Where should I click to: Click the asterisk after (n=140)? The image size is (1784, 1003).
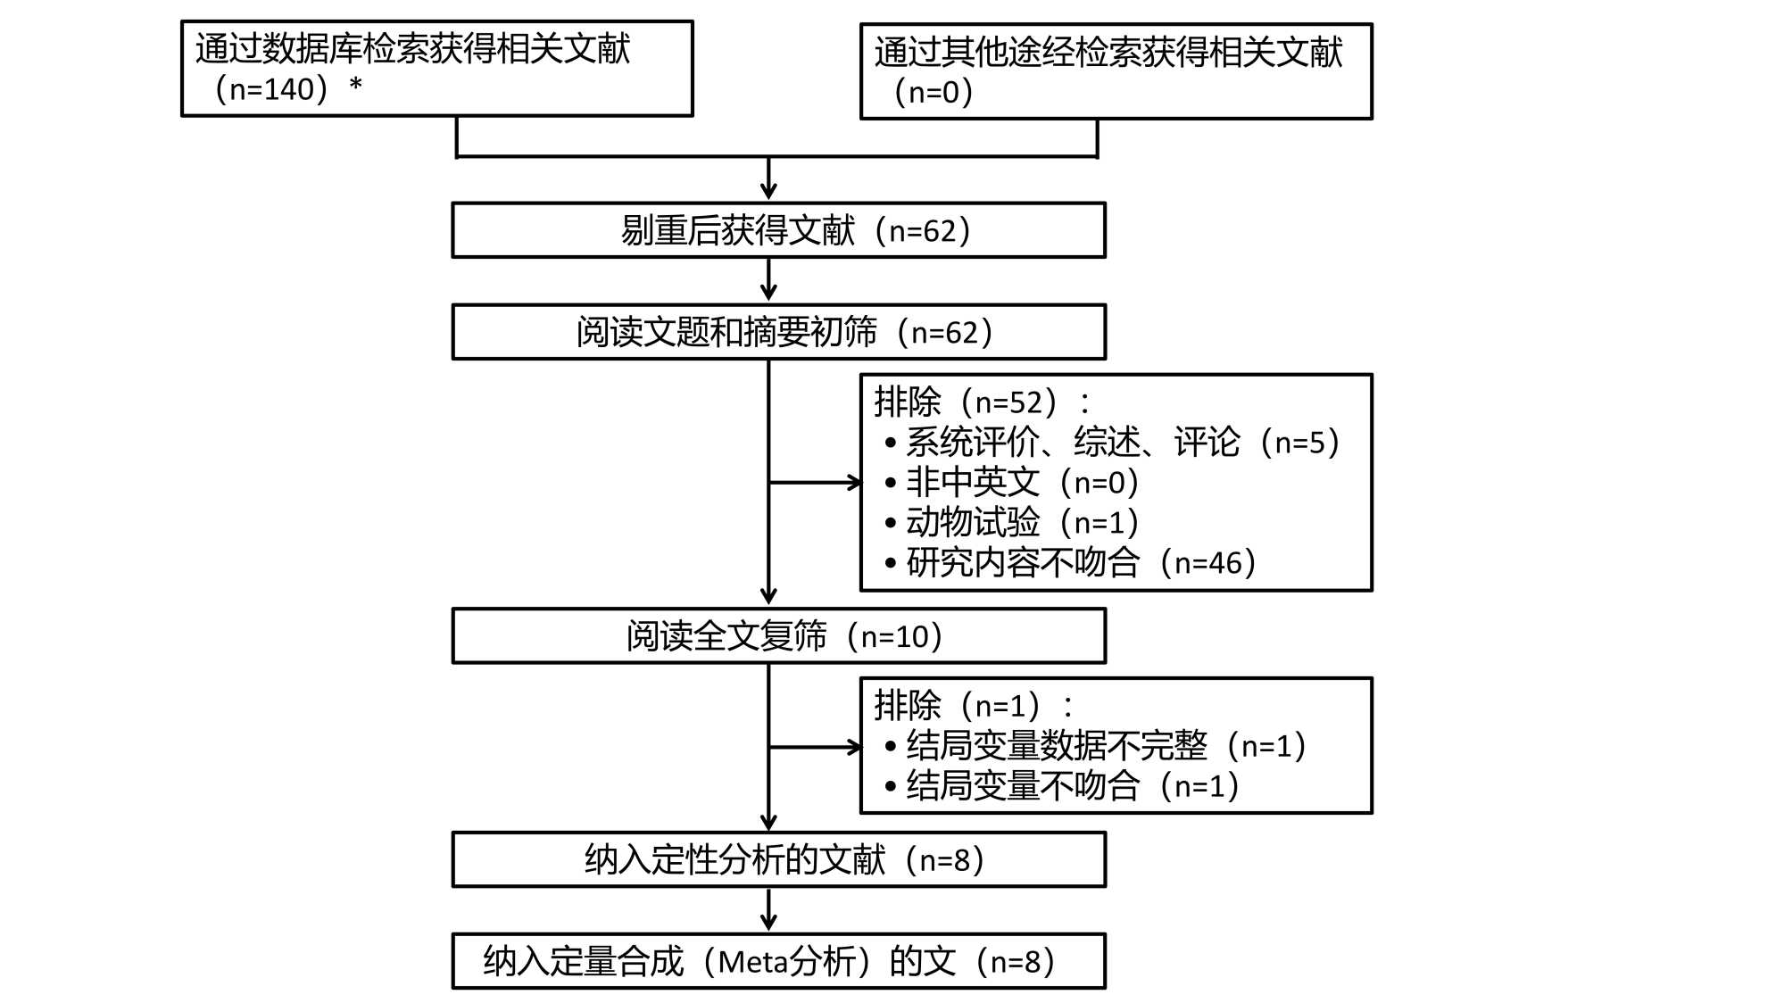click(356, 86)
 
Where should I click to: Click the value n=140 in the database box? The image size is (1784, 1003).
click(271, 89)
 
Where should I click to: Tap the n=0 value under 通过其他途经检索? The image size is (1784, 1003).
click(933, 92)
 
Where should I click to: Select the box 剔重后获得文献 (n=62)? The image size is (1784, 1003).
click(778, 230)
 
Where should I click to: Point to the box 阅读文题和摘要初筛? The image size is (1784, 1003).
click(778, 332)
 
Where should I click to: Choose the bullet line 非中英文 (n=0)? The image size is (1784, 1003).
click(1021, 482)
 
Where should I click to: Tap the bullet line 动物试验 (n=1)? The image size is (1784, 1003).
click(1021, 522)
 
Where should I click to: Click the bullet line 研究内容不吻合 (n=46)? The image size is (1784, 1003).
click(1080, 562)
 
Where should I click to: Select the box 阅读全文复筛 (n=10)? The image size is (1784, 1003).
click(778, 636)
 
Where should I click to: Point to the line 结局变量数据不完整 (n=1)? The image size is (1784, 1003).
click(1105, 746)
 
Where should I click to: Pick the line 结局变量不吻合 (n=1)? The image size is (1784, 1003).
click(1071, 786)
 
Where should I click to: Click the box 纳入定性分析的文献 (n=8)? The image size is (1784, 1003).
click(778, 859)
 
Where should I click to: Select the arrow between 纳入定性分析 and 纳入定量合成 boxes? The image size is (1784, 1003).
click(768, 910)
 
